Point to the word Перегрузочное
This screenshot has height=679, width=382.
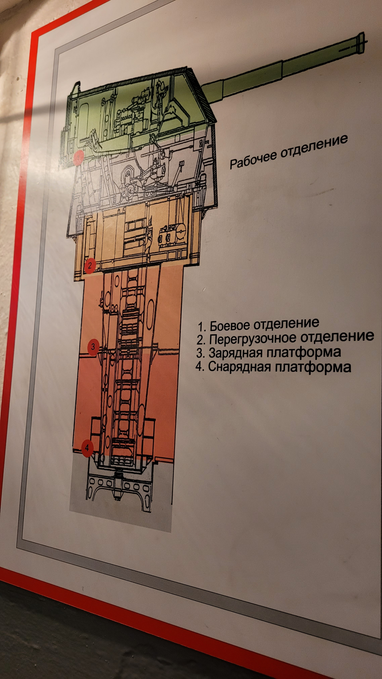tap(252, 338)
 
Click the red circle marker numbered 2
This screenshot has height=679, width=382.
tap(90, 265)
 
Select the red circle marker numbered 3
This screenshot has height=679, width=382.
tap(93, 347)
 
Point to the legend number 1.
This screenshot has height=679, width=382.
tap(201, 327)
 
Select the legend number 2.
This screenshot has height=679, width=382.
tap(201, 340)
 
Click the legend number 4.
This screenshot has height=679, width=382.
tap(200, 367)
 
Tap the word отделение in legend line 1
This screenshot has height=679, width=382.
tap(286, 324)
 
